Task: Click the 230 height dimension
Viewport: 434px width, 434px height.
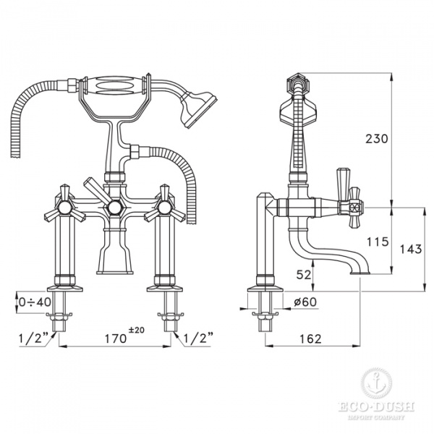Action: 377,139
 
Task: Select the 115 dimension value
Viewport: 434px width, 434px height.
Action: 378,242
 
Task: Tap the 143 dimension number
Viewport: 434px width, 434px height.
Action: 411,250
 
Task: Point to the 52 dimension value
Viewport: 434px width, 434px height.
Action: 305,275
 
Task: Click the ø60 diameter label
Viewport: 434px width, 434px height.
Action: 305,302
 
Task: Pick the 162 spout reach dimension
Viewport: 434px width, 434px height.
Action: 310,339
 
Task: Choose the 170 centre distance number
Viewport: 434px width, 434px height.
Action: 116,339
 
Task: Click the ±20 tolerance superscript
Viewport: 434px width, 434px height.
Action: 137,330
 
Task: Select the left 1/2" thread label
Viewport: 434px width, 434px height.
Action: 33,338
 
